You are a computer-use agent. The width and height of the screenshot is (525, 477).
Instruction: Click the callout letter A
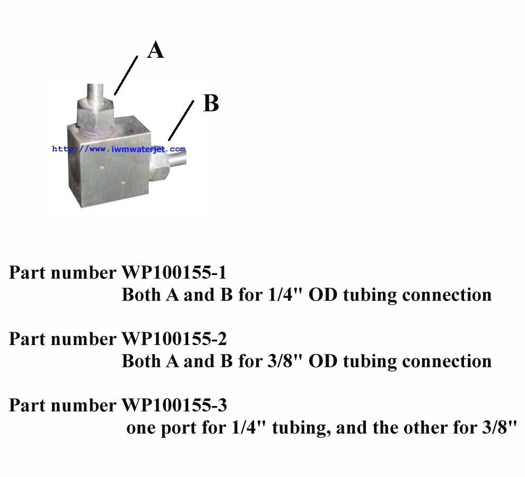pos(156,50)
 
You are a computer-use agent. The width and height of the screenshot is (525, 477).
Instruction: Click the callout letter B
pos(211,103)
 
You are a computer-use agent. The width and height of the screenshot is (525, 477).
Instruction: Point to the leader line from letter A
pos(126,75)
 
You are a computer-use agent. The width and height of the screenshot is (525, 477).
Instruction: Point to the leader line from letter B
pos(181,120)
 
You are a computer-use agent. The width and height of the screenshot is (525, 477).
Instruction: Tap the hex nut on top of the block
pos(95,113)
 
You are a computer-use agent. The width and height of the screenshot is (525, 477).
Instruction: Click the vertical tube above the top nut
pos(95,91)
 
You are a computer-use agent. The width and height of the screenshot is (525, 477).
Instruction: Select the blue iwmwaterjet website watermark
pos(119,149)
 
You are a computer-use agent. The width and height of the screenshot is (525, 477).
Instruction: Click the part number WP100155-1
pos(174,272)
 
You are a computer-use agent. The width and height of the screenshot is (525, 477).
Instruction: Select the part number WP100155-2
pos(174,339)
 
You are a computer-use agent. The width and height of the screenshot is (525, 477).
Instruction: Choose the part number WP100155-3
pos(174,405)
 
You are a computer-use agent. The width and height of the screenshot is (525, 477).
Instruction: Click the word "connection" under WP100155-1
pos(447,295)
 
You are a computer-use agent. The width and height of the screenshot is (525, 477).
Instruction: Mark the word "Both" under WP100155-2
pos(141,361)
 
